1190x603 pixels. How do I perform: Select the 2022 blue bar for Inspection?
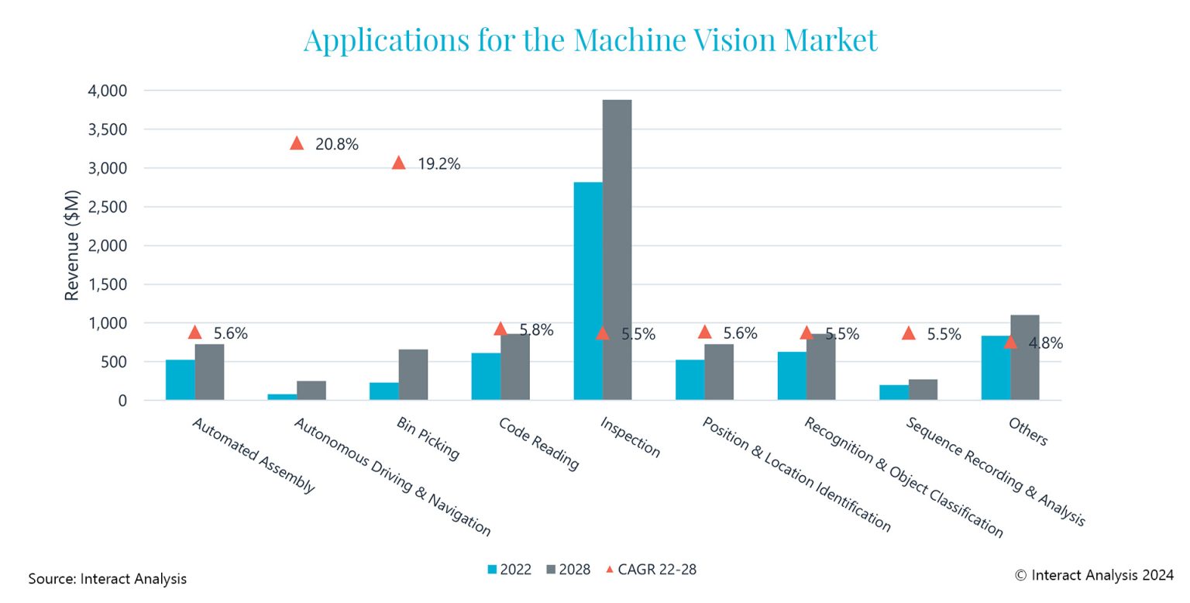[588, 291]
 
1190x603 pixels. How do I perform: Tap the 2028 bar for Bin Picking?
[413, 374]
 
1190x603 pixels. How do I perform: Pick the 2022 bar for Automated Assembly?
[180, 380]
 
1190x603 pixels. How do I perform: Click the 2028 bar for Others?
[1025, 357]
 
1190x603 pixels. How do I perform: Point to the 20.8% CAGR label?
[336, 144]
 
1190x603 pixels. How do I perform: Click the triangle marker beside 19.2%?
[398, 163]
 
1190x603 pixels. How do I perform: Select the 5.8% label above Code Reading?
[536, 330]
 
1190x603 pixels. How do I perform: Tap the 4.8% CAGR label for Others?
[1045, 343]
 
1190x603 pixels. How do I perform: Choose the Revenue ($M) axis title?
[72, 245]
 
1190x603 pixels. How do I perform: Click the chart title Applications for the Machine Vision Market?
[590, 40]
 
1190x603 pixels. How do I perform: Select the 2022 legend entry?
[509, 570]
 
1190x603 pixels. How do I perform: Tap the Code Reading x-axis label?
[538, 444]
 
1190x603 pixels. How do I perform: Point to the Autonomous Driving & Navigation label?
[392, 477]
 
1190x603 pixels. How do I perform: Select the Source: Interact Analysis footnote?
[108, 579]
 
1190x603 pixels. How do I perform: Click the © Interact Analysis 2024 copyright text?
[1092, 575]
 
